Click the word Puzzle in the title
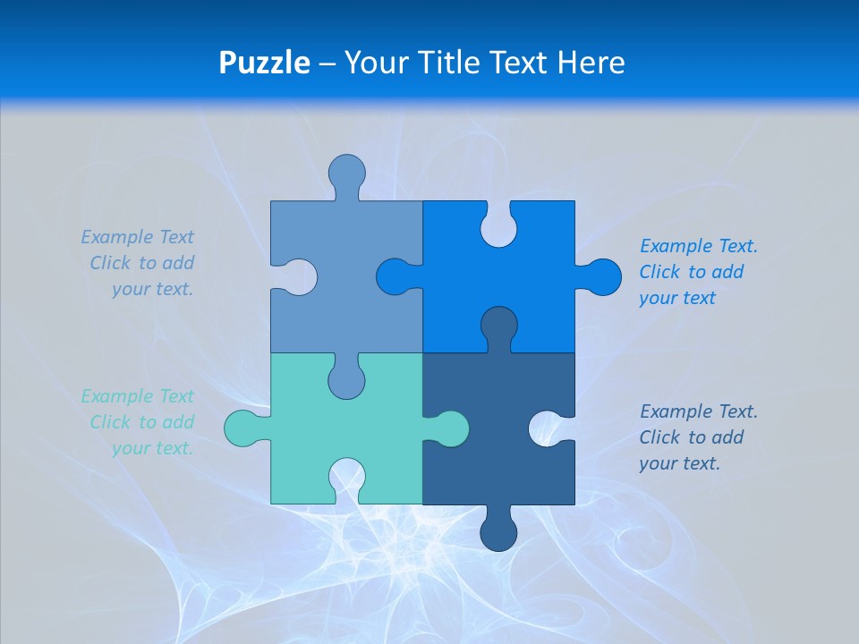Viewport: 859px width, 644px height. [265, 63]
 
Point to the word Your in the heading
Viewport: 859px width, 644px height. [377, 63]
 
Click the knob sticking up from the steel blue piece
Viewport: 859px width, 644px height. [346, 172]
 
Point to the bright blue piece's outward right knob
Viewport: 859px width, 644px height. [600, 276]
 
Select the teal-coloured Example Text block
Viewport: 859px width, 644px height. [139, 422]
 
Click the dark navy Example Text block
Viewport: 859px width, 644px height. [697, 437]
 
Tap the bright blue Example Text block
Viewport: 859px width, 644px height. [697, 272]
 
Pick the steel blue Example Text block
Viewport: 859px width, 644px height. [139, 263]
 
